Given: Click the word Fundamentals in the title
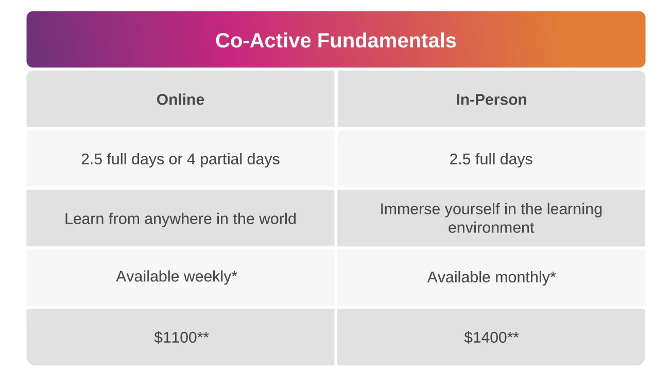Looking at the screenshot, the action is coord(387,40).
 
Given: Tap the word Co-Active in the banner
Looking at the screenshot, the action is coord(263,40).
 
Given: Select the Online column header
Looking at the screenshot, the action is coord(180,99).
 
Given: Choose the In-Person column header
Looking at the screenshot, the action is coord(491,99).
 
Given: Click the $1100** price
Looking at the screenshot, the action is coord(181,337).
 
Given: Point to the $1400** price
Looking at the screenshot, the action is coord(491,337).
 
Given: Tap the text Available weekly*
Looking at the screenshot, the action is coord(177,276).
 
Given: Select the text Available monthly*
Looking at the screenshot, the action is coord(491,277).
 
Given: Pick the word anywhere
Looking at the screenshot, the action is coord(178,219).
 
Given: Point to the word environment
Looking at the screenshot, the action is coord(491,228).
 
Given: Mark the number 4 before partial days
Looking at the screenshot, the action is coord(191,159).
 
